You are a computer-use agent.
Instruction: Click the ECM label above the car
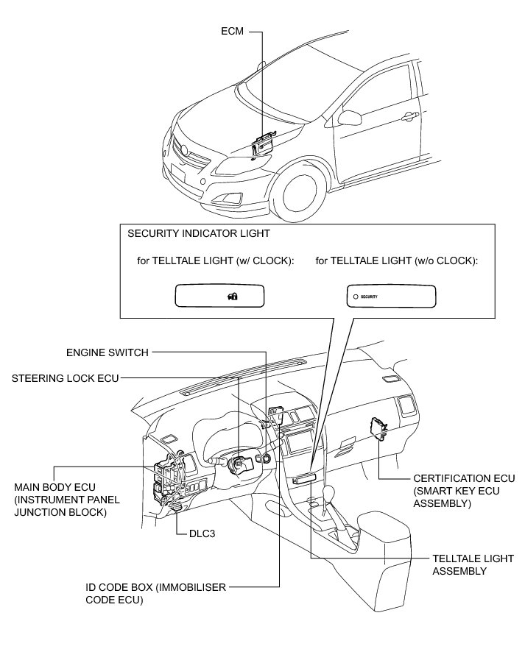pos(232,32)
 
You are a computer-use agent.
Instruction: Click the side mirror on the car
pos(348,118)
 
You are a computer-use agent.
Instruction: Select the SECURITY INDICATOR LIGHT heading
pos(199,233)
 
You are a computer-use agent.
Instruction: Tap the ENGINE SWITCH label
pos(108,352)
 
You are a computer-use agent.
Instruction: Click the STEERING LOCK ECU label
pos(65,378)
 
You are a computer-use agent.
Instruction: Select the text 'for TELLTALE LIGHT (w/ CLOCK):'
pos(211,260)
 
